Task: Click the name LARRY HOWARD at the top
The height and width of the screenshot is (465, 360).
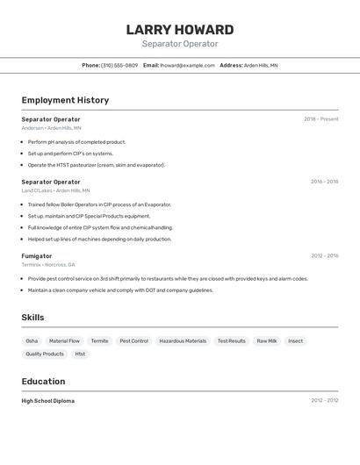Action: pyautogui.click(x=180, y=30)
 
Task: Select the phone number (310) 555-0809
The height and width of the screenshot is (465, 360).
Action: pyautogui.click(x=119, y=65)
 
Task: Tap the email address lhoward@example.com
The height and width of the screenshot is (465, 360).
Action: pyautogui.click(x=187, y=65)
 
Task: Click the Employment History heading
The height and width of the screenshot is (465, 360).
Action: pyautogui.click(x=65, y=100)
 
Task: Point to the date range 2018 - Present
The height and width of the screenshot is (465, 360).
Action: pyautogui.click(x=320, y=119)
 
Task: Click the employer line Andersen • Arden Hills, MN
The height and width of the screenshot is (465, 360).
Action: pyautogui.click(x=51, y=128)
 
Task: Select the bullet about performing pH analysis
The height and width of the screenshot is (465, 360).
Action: pyautogui.click(x=76, y=142)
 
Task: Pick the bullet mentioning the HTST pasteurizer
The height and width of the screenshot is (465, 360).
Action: pyautogui.click(x=96, y=165)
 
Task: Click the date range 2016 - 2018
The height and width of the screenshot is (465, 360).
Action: pyautogui.click(x=324, y=182)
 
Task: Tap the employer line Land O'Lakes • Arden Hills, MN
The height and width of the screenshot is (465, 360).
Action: pyautogui.click(x=55, y=190)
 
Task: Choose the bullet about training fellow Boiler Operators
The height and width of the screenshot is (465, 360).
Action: pyautogui.click(x=99, y=204)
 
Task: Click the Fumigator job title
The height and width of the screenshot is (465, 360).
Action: pyautogui.click(x=37, y=256)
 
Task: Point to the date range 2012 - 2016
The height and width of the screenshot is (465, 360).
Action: pyautogui.click(x=324, y=256)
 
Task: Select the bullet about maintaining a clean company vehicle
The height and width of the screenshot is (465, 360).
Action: pyautogui.click(x=120, y=290)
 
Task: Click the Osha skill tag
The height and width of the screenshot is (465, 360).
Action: pyautogui.click(x=32, y=340)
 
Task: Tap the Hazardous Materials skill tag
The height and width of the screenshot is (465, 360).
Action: pyautogui.click(x=183, y=340)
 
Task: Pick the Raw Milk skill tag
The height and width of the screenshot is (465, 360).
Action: pyautogui.click(x=267, y=340)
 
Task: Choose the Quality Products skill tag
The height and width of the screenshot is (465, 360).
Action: pyautogui.click(x=45, y=354)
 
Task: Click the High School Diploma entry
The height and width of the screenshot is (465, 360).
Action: pyautogui.click(x=48, y=401)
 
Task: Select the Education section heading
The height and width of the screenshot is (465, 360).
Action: pyautogui.click(x=43, y=382)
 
